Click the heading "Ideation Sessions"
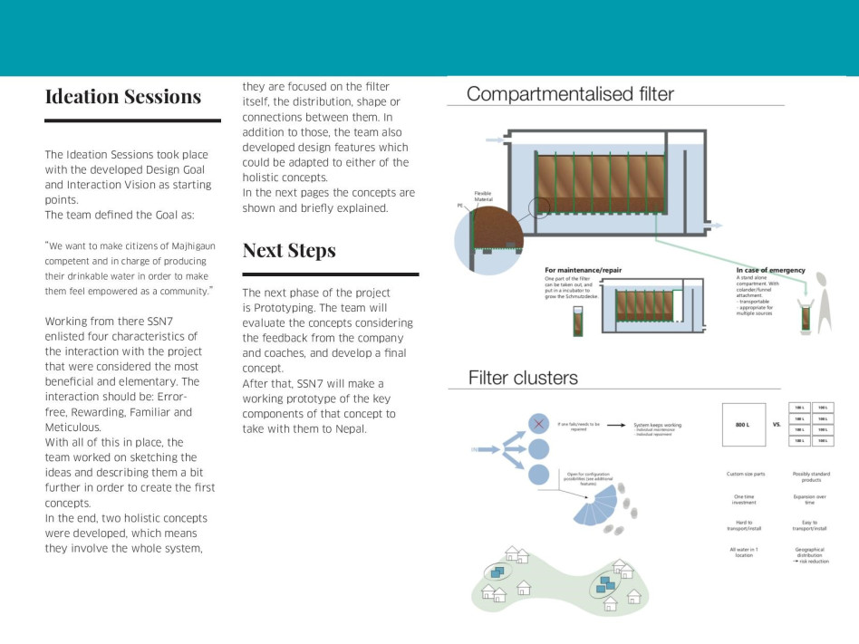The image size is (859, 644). (x=123, y=97)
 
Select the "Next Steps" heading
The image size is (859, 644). (x=289, y=251)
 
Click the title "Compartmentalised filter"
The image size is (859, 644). (x=570, y=93)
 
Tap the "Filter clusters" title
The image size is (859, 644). (x=523, y=378)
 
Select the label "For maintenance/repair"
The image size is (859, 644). (x=583, y=270)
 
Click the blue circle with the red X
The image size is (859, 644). (x=538, y=424)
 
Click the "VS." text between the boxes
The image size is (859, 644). (x=777, y=424)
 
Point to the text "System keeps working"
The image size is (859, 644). (x=657, y=425)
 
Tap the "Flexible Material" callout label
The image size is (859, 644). (x=483, y=197)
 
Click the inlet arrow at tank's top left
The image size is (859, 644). (x=494, y=140)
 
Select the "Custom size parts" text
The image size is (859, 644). (x=746, y=474)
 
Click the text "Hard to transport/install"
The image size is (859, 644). (x=746, y=525)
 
